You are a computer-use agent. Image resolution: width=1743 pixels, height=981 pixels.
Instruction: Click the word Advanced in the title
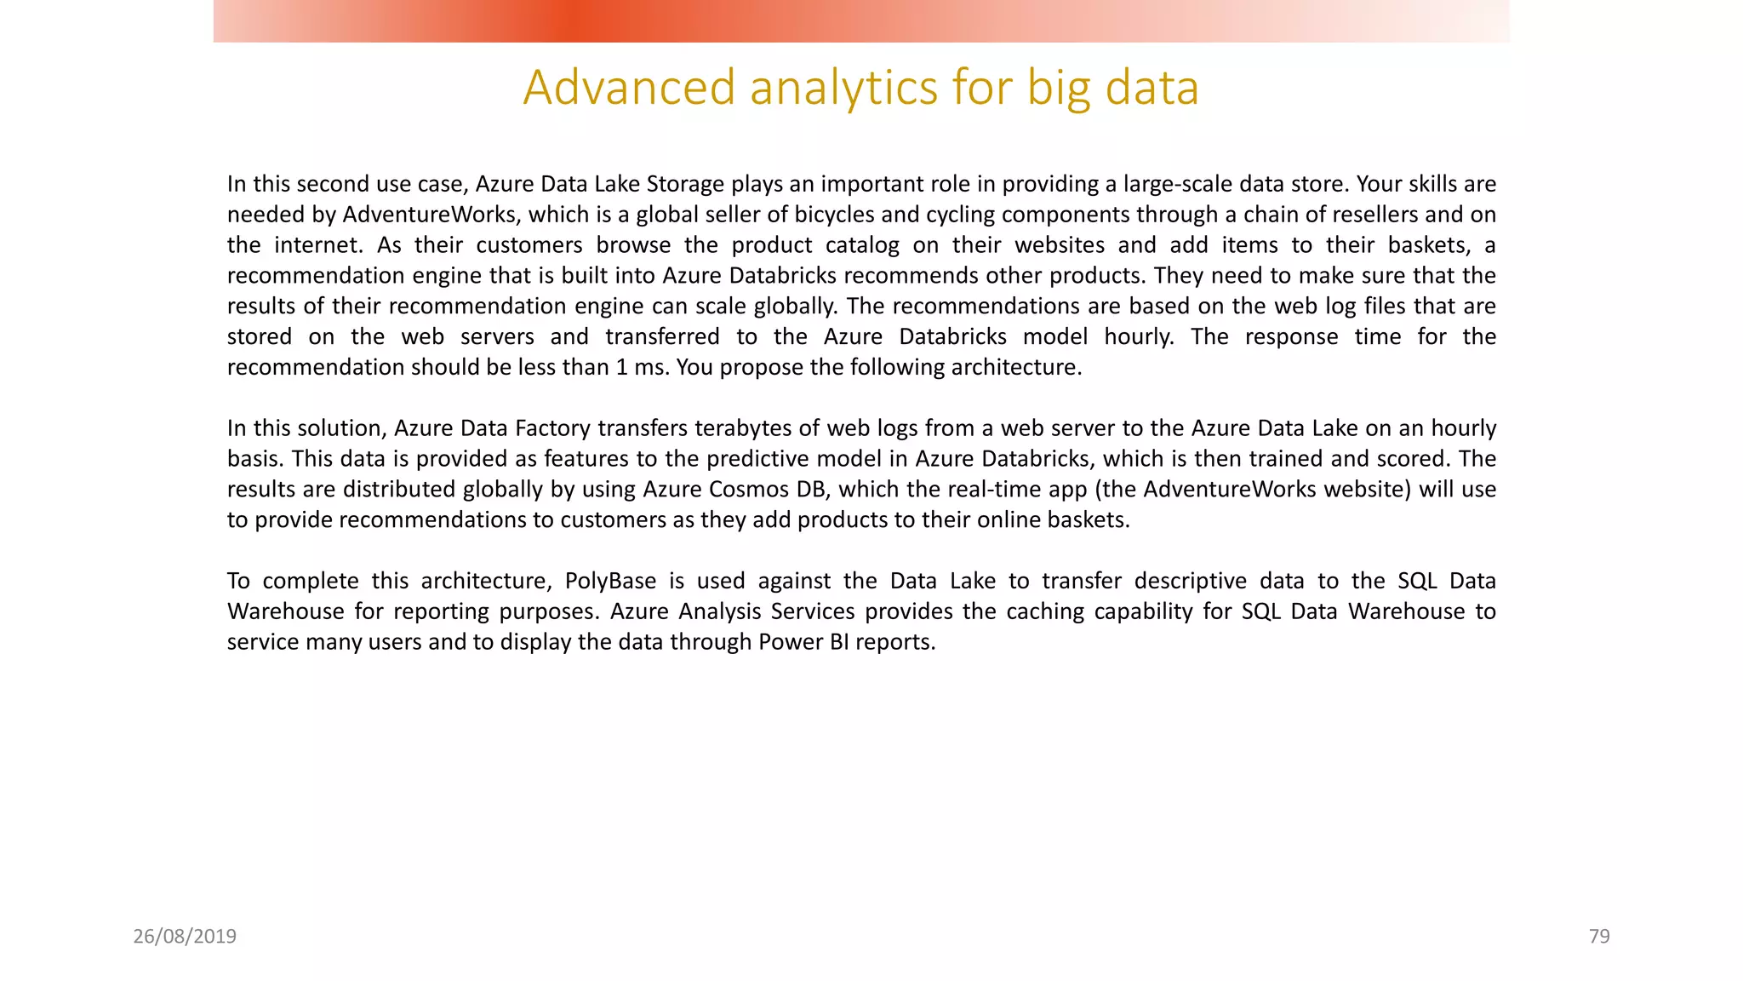tap(629, 88)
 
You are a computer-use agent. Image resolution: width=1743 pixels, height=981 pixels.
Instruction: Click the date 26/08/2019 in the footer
tap(185, 937)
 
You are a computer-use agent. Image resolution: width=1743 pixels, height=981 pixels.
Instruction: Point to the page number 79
tap(1599, 937)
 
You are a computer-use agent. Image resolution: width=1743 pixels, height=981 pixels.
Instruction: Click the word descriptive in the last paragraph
tap(1219, 581)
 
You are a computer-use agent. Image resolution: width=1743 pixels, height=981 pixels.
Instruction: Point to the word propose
tap(759, 368)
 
